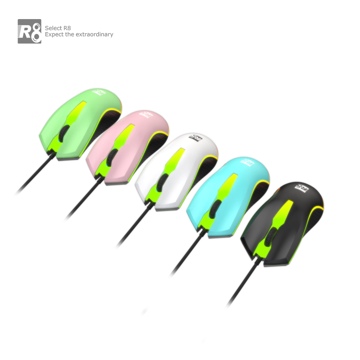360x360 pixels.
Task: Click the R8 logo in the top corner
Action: tap(30, 31)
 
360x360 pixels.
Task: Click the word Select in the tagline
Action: tap(53, 28)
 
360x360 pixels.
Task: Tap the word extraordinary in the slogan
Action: tap(94, 35)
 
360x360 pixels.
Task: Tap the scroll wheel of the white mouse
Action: tap(162, 182)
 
